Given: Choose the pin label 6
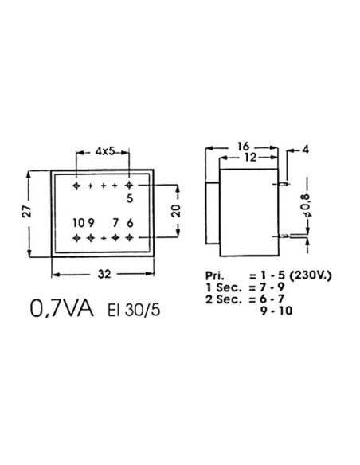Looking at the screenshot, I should pos(131,223).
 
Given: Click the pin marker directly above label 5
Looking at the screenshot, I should pos(129,186).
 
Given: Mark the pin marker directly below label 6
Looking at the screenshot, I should pos(129,237).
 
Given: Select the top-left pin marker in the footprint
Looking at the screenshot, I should pos(76,186).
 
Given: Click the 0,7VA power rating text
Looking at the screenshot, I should pos(60,307).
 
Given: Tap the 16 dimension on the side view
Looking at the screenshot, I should pos(243,147).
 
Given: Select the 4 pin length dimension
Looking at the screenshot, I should pos(307,148).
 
